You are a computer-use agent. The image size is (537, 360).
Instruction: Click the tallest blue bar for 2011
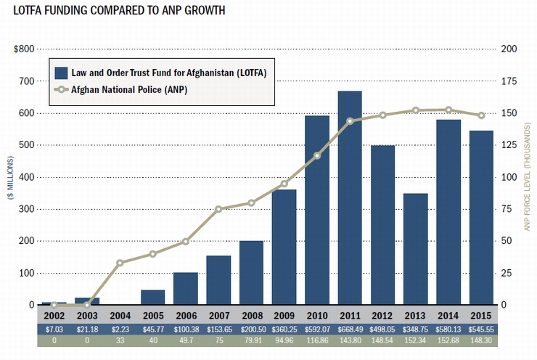click(x=350, y=197)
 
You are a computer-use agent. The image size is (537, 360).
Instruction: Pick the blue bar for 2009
click(x=284, y=247)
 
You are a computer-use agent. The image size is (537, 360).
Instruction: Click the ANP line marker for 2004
click(x=120, y=263)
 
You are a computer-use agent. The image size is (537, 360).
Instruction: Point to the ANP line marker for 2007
click(x=218, y=209)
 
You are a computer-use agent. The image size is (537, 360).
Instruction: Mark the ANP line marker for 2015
click(x=481, y=115)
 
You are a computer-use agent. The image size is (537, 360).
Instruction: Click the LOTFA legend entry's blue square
click(x=62, y=73)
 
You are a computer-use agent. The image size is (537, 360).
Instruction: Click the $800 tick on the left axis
click(x=23, y=49)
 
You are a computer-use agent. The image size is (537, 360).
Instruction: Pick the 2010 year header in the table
click(x=317, y=315)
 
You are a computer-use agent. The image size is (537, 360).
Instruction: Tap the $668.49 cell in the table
click(x=350, y=329)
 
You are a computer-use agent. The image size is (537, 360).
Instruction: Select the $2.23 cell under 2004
click(x=120, y=329)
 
